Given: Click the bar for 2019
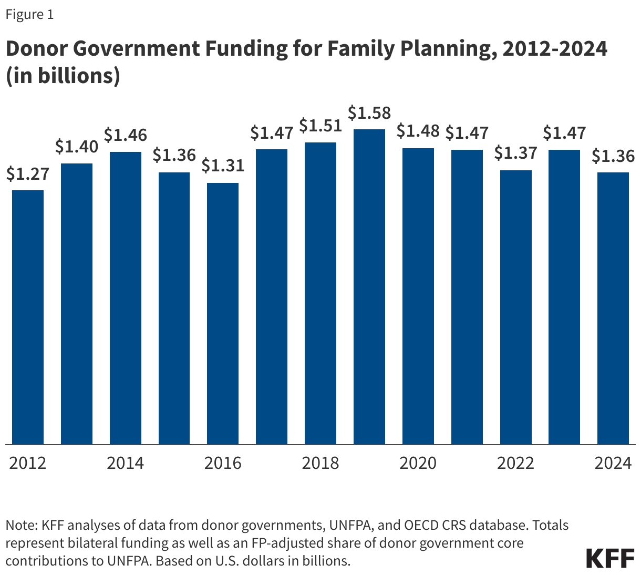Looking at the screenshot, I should pos(369,287).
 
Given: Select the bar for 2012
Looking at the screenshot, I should pos(28,317).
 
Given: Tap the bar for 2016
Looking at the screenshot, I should pos(223,314).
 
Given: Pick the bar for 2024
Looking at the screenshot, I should pos(613,309).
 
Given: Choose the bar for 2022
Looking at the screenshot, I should pos(515,307).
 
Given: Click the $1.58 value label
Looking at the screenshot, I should pos(369,113).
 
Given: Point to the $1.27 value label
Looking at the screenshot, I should pos(28,174).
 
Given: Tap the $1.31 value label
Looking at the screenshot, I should pos(223,166).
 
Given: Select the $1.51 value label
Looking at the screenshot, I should pos(320,126).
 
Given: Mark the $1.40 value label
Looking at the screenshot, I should pos(77,147).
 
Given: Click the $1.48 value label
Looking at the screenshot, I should pos(418,131).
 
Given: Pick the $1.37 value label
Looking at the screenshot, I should pos(515,153).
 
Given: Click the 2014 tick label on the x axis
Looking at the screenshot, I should pos(125,463).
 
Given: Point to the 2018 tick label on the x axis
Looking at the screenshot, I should pos(320,463).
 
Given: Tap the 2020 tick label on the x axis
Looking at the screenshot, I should pos(418,463).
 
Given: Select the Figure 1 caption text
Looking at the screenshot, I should pos(29,14).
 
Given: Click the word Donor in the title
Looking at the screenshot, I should pos(36,49).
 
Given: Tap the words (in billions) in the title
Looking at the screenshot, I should pos(63,76).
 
